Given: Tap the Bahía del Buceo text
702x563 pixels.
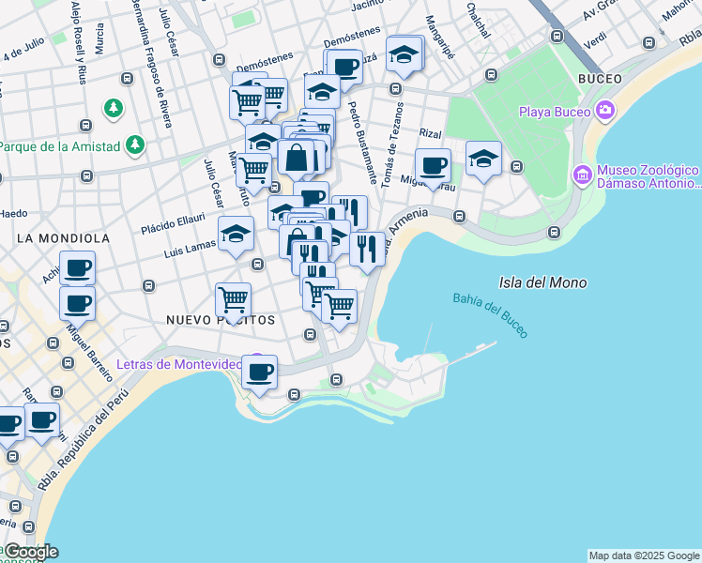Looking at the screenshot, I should coord(490,314).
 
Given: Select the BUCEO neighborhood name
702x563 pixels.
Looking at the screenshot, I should coord(603,78).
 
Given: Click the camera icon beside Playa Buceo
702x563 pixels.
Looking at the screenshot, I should coord(604,112).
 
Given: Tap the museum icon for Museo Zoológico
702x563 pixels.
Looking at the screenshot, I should coord(582,175).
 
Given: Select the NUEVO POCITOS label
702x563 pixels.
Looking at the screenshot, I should coord(221,320).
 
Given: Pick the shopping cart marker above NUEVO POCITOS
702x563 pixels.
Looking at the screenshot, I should coord(233,299).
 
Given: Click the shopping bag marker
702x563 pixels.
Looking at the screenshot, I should coord(296,158).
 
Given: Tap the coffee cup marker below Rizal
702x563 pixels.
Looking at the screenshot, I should coord(433,165).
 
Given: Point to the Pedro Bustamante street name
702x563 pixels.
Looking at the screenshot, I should coord(363,142).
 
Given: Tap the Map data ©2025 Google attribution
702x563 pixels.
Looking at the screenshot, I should coord(644,555).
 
